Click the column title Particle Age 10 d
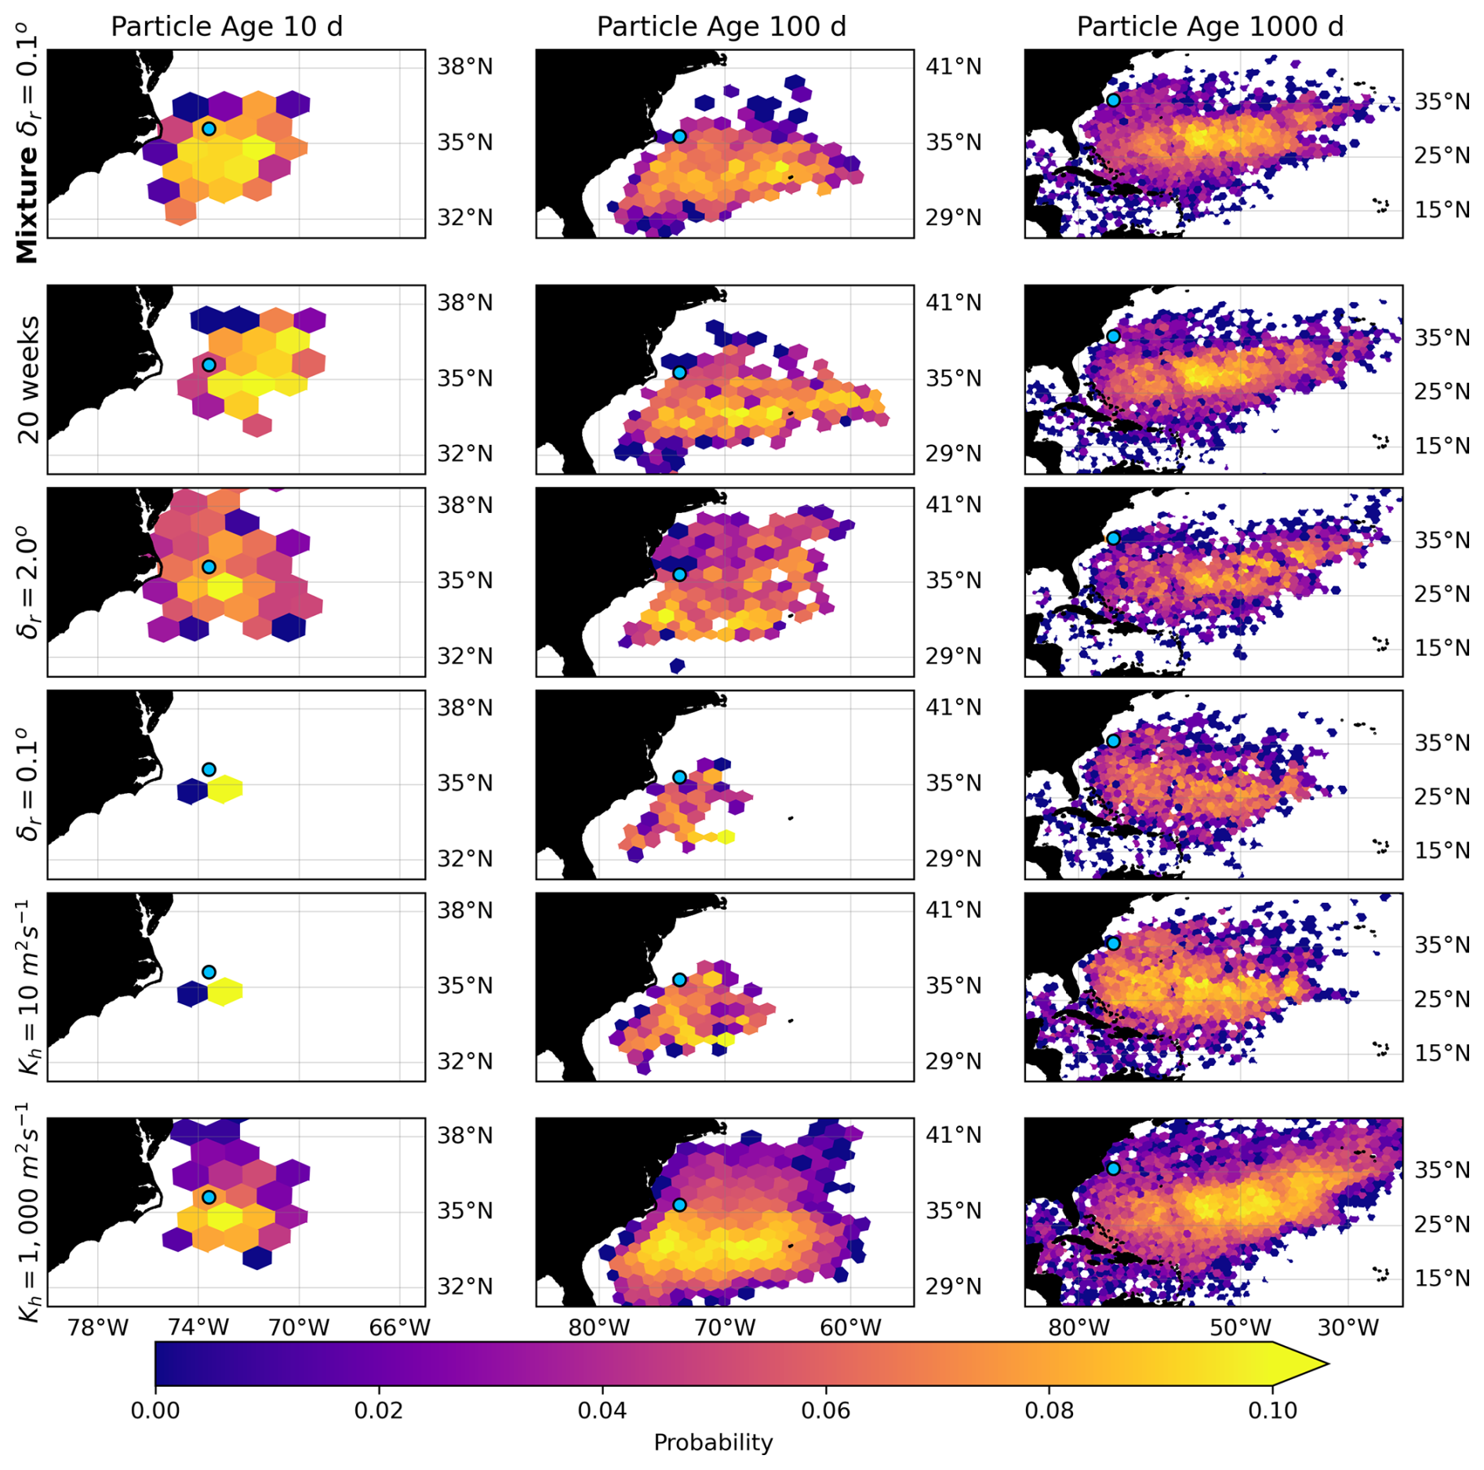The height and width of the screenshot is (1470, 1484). point(227,27)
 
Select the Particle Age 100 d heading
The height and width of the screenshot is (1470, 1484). point(721,27)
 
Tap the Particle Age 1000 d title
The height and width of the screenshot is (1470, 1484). point(1209,27)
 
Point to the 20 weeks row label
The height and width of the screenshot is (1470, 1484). point(29,380)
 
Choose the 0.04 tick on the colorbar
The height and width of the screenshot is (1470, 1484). point(602,1410)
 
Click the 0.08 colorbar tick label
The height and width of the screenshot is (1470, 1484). point(1049,1410)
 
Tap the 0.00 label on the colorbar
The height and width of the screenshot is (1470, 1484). point(155,1410)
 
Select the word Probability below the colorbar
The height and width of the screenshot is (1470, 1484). point(713,1443)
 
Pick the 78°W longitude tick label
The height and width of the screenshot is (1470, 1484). point(97,1327)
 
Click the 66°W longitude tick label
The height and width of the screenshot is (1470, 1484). point(400,1327)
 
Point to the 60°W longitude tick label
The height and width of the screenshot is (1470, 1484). point(851,1327)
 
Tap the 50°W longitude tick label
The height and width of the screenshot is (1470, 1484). point(1239,1327)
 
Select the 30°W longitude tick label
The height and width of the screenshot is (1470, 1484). point(1348,1327)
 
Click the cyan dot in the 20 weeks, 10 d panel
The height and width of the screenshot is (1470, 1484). point(209,365)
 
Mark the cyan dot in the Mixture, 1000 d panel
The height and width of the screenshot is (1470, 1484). point(1113,100)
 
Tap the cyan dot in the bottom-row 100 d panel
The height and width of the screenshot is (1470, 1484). point(679,1205)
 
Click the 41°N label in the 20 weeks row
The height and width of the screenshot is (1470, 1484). point(953,303)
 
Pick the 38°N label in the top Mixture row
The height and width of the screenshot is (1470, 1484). point(464,67)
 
